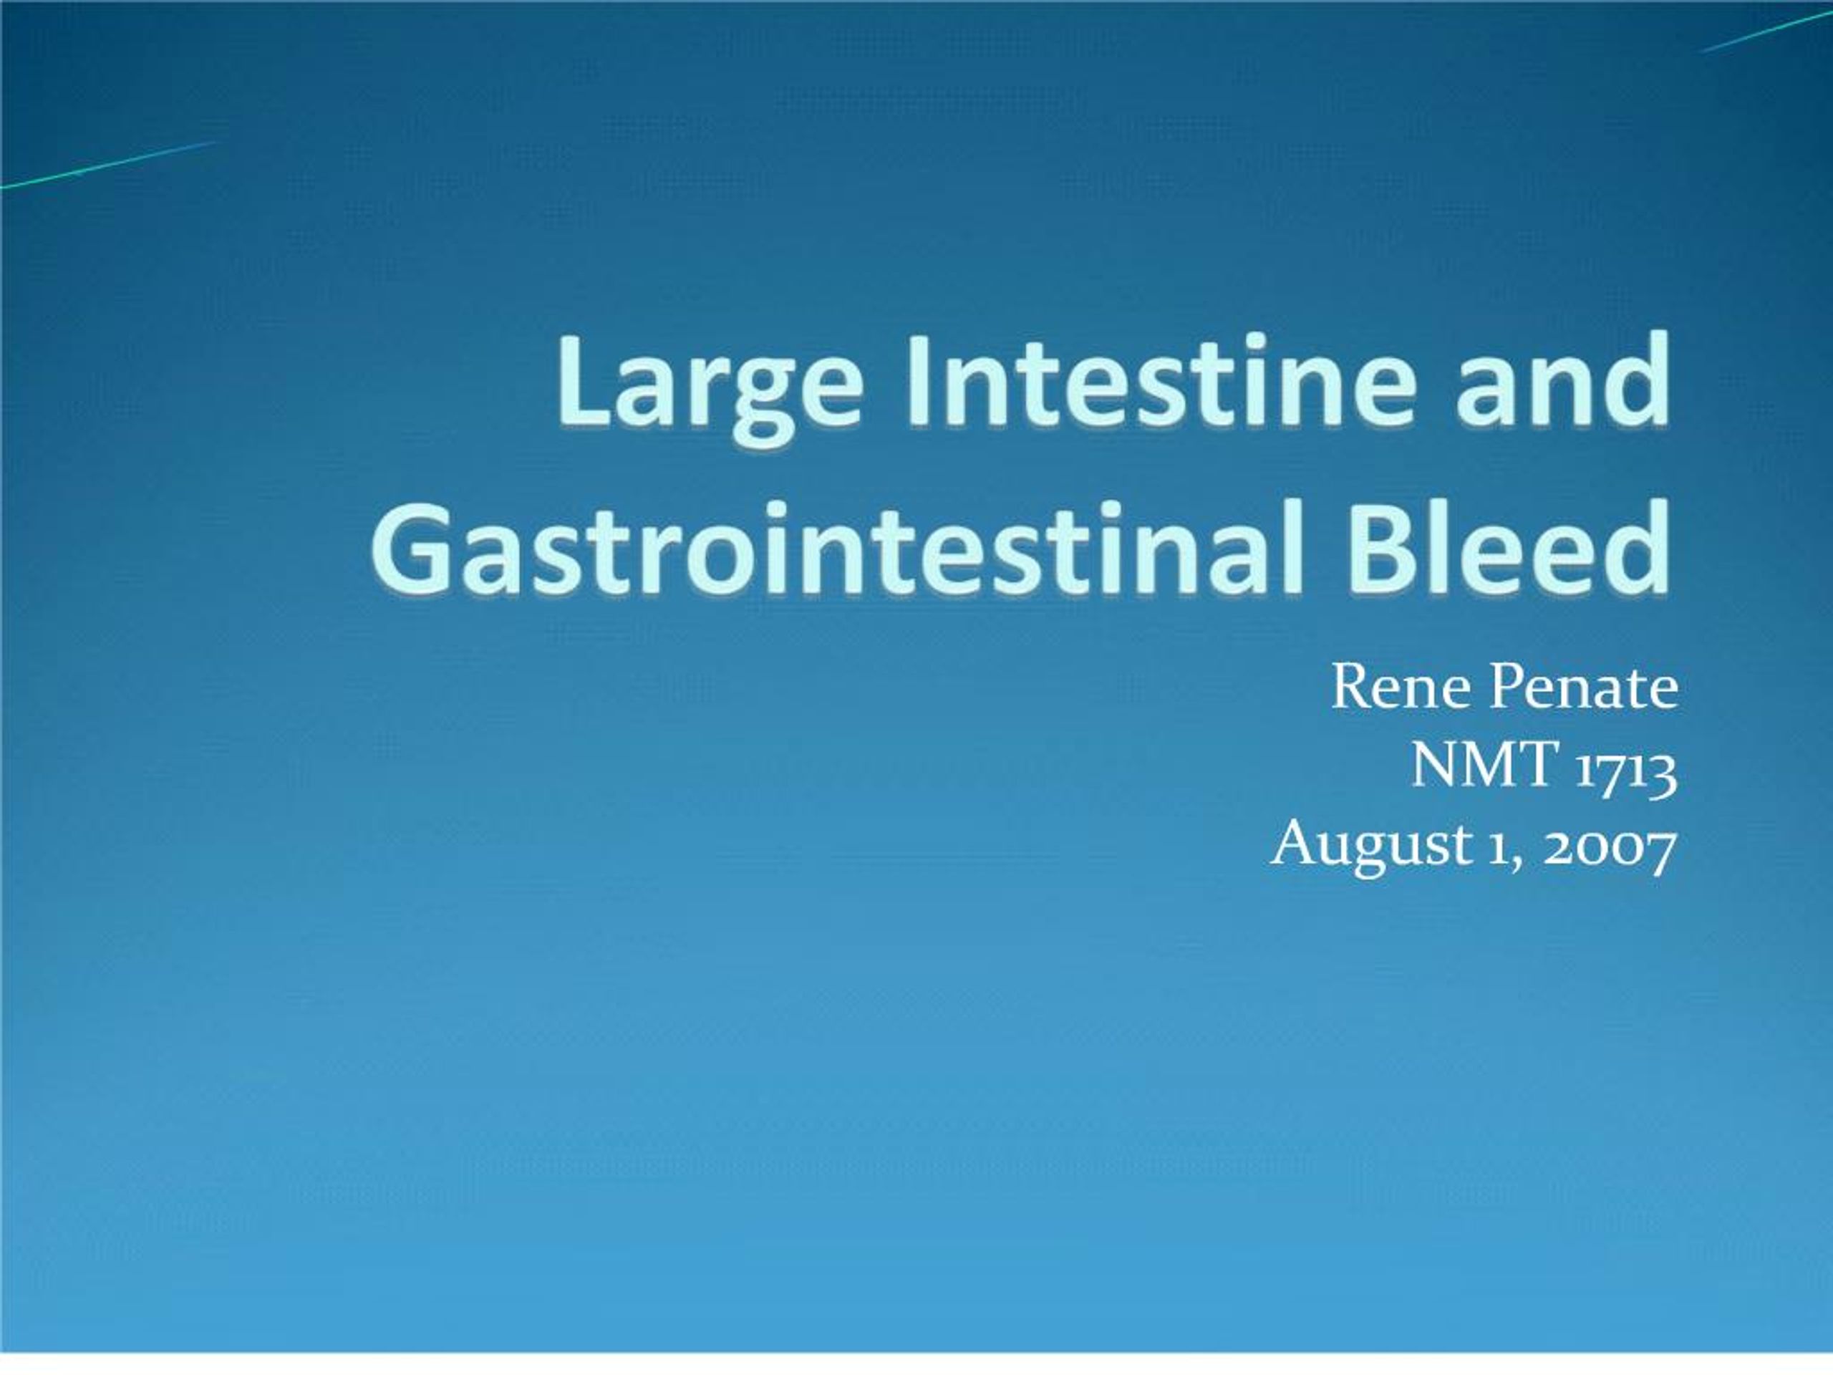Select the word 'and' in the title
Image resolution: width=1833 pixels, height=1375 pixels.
(x=1563, y=384)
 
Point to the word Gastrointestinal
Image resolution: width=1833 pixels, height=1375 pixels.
(x=821, y=549)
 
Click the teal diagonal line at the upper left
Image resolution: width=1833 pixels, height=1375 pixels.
(x=107, y=165)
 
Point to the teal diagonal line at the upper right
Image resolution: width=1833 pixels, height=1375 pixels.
(x=1765, y=32)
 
